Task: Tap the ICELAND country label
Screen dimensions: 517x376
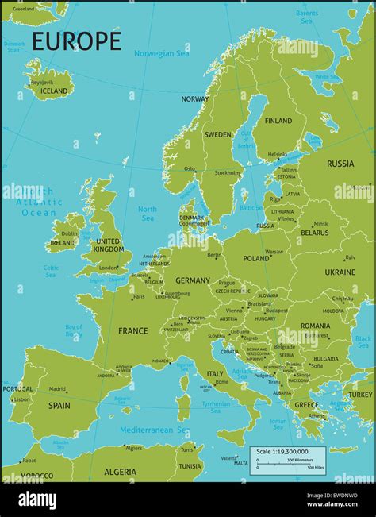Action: [54, 91]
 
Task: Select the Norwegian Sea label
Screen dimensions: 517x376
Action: [162, 53]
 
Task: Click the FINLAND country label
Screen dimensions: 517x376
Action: [278, 122]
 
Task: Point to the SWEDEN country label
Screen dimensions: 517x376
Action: [218, 135]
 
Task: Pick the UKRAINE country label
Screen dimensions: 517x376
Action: [340, 272]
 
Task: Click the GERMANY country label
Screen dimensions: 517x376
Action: [193, 280]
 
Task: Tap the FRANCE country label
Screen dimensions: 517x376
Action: [132, 330]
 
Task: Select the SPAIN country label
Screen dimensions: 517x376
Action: [59, 405]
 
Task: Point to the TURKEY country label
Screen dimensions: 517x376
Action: [359, 395]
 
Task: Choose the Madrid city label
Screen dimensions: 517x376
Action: [57, 389]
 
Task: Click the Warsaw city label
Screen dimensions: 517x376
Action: [274, 252]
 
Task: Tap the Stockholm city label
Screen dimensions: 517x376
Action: [227, 172]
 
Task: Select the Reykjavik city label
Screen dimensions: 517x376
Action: [41, 82]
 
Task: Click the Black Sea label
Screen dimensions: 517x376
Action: [363, 342]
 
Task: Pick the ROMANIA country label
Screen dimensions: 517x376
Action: [315, 326]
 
